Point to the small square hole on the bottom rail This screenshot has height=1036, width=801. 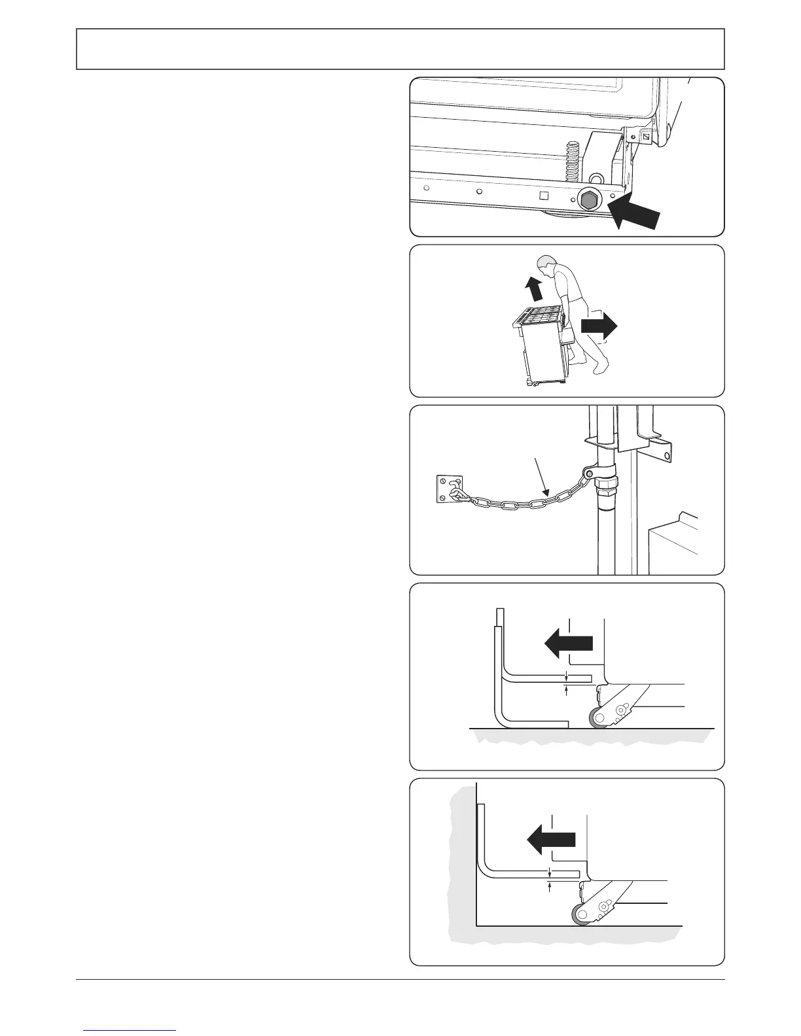pyautogui.click(x=543, y=195)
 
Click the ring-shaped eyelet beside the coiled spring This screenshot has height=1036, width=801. pyautogui.click(x=596, y=178)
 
